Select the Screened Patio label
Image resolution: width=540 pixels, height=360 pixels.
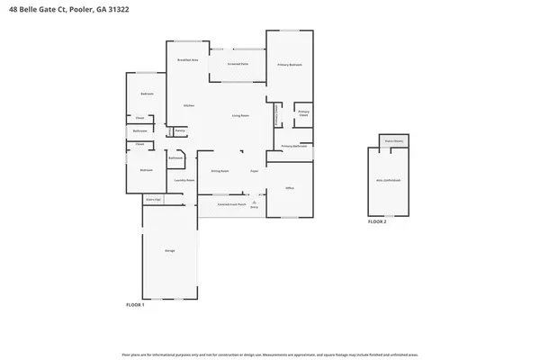coord(238,65)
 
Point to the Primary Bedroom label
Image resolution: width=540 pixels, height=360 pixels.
coord(290,66)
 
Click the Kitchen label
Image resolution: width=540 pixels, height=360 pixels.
coord(189,105)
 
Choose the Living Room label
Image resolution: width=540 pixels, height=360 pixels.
coord(240,115)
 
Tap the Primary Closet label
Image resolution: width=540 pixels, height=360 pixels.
coord(303,114)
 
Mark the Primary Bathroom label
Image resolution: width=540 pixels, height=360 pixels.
coord(295,146)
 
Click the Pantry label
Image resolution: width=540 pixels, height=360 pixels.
coord(180,130)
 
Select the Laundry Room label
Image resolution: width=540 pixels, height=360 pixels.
coord(185,179)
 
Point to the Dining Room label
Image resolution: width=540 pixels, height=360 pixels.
coord(220,170)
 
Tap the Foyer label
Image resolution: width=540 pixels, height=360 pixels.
coord(255,170)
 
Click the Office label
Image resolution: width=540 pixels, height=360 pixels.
coord(290,188)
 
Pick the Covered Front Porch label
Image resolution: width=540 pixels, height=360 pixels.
coord(232,204)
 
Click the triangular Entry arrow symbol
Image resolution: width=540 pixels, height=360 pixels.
coord(255,203)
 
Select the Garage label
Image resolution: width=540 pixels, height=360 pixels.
coord(169,249)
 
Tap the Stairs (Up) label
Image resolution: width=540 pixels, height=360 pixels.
coord(153,199)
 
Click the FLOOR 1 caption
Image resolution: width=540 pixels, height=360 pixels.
coord(135,305)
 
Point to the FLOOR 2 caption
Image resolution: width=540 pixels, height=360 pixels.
coord(376,220)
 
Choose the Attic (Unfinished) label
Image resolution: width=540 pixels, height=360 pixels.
coord(389,180)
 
